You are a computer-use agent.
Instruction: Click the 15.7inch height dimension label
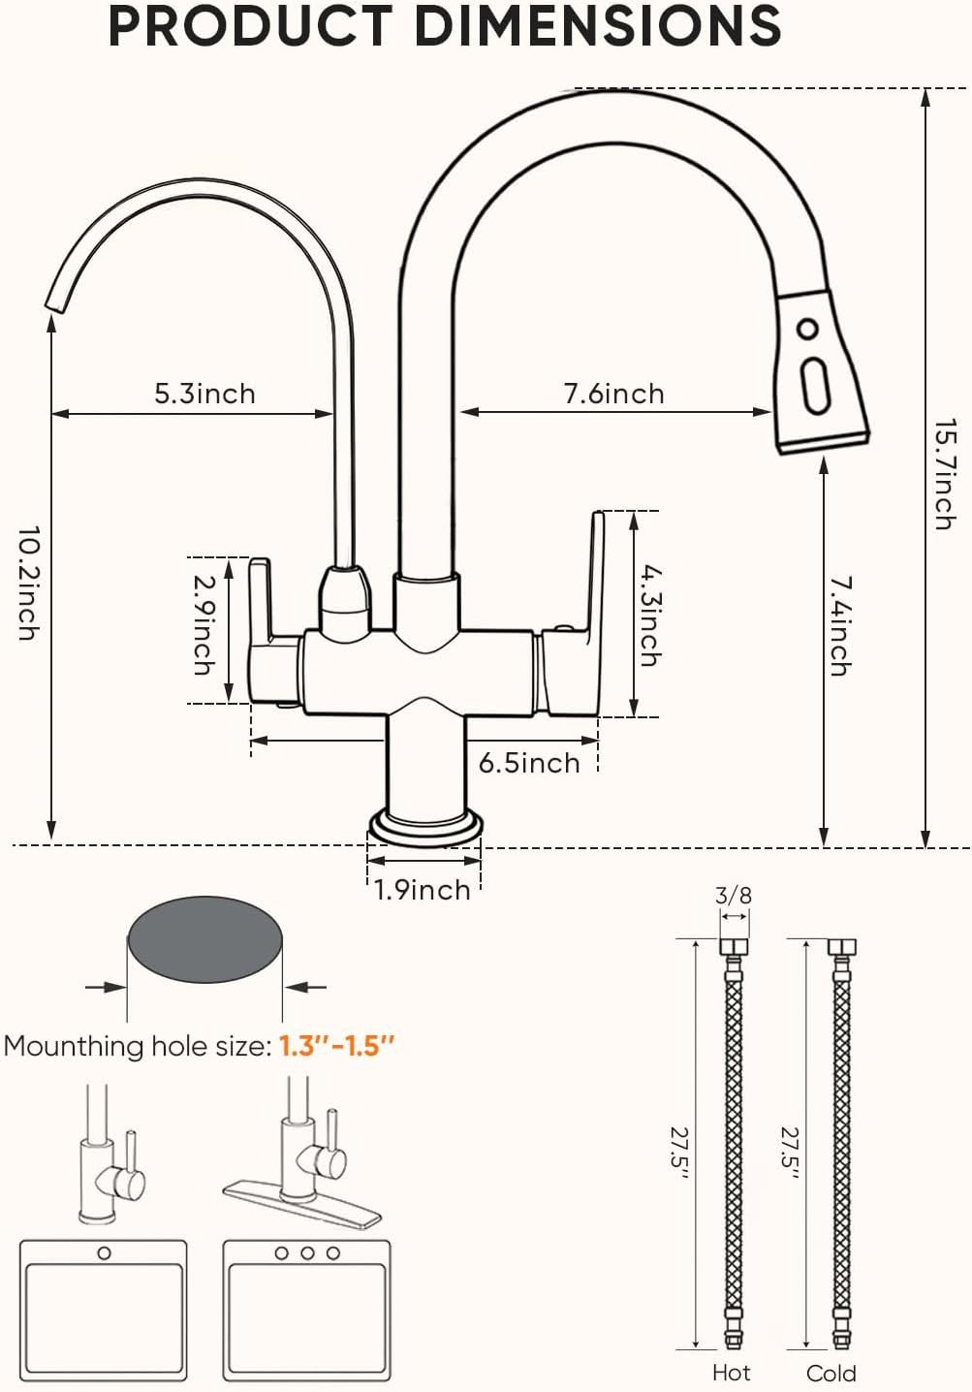945,475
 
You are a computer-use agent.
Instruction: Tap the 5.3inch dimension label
204,394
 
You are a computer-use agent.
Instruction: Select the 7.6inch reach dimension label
613,394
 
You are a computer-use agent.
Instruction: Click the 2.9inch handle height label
204,624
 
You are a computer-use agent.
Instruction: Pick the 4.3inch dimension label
649,616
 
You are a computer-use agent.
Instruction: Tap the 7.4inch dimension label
840,626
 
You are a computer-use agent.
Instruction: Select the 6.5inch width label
529,763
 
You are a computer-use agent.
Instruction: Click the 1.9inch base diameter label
423,890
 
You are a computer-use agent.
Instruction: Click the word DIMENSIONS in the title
598,26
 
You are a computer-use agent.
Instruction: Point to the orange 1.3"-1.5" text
336,1046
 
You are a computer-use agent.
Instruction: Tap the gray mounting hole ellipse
204,939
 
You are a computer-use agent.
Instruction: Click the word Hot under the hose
731,1372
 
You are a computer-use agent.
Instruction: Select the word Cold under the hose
831,1373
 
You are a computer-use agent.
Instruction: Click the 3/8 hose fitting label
734,896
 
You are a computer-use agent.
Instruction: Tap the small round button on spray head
807,329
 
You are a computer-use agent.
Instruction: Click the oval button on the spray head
815,386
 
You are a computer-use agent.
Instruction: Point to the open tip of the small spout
56,303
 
